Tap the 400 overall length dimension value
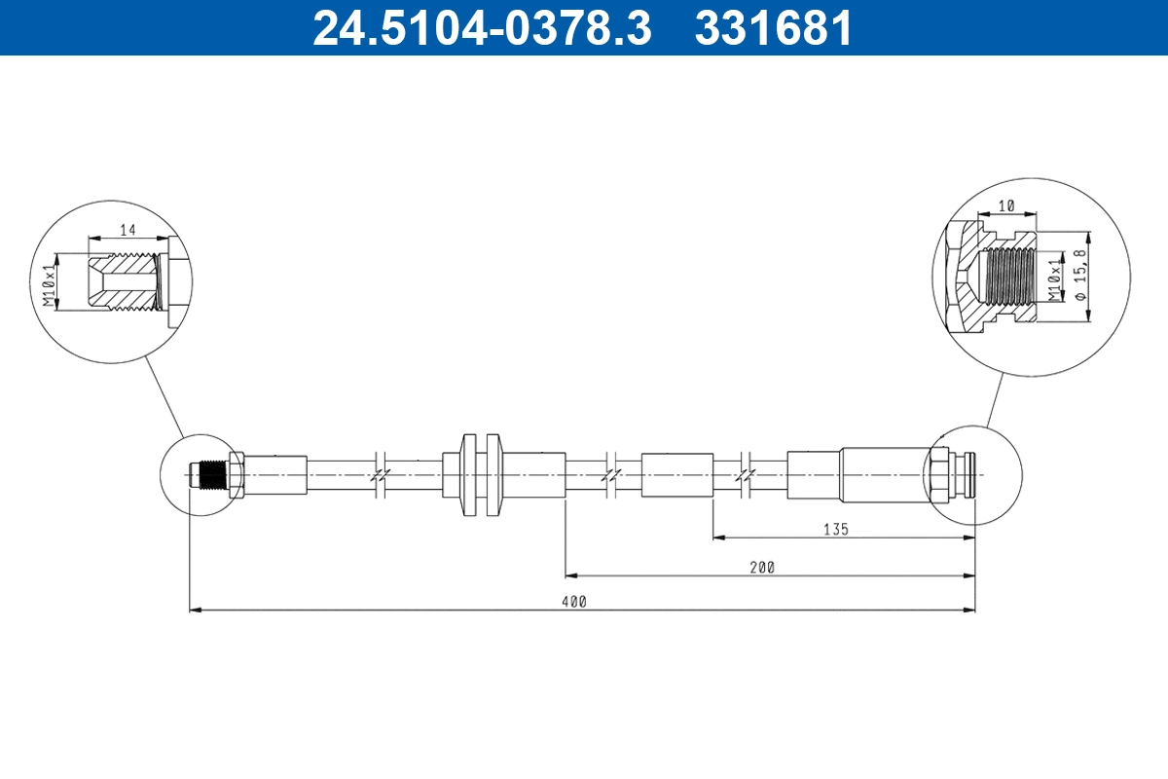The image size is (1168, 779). (x=574, y=602)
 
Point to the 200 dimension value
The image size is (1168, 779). (x=763, y=567)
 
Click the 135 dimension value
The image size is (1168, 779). (x=836, y=530)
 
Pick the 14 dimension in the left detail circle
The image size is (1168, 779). (x=127, y=230)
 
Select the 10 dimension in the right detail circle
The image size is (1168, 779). (x=1006, y=206)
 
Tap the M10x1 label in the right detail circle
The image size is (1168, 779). (x=1052, y=278)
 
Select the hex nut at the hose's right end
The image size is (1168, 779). (x=939, y=475)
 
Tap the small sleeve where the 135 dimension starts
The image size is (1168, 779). (x=677, y=475)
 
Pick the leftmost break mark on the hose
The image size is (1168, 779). (x=380, y=475)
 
